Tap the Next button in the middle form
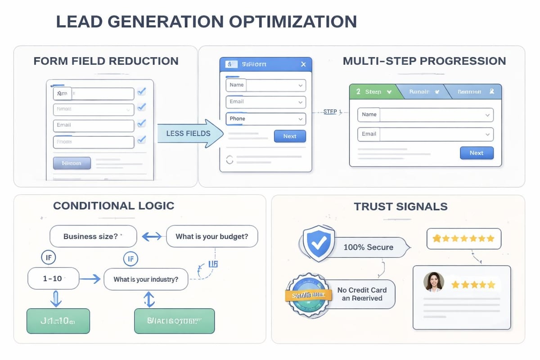(x=290, y=136)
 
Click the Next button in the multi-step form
(x=477, y=153)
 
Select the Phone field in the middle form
(x=265, y=119)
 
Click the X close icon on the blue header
(x=303, y=64)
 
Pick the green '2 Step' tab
(x=373, y=91)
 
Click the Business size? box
(x=93, y=236)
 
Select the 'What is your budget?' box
(x=212, y=236)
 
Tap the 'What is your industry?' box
(x=146, y=279)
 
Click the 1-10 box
(x=53, y=279)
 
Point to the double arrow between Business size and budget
(x=151, y=236)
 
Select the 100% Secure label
(x=369, y=247)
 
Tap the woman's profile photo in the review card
(x=434, y=282)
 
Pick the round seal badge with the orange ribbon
(x=306, y=295)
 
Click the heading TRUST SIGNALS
(x=400, y=207)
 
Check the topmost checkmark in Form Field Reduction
(x=141, y=92)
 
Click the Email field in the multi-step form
(x=425, y=134)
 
